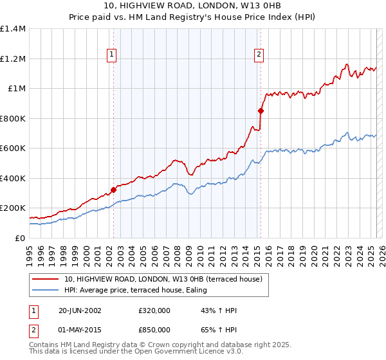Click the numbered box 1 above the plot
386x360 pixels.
[x=112, y=55]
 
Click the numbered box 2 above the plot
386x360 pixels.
[x=259, y=55]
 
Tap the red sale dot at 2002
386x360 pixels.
[x=114, y=190]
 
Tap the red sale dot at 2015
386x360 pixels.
[x=261, y=111]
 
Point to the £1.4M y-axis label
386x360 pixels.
[x=13, y=29]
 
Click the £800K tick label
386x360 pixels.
[x=13, y=118]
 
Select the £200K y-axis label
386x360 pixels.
[x=13, y=208]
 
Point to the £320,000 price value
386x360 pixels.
[x=154, y=310]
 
